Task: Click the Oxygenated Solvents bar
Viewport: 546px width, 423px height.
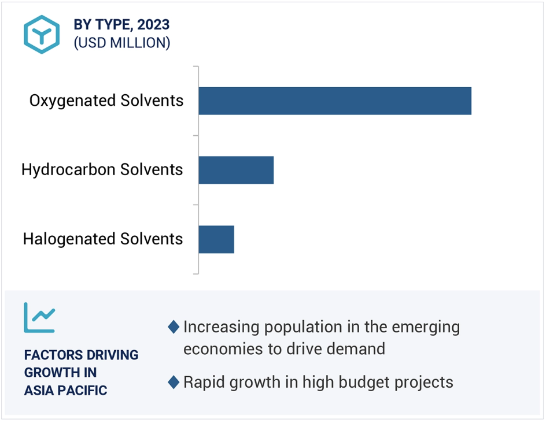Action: [x=335, y=101]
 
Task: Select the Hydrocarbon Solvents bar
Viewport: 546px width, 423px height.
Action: [x=236, y=170]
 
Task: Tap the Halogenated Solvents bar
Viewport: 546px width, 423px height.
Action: [x=216, y=239]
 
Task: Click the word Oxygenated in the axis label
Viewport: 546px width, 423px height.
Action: [x=72, y=101]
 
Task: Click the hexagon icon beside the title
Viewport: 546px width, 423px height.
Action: [x=42, y=35]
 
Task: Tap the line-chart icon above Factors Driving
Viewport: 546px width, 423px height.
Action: [x=39, y=318]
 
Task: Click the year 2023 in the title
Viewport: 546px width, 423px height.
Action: [x=153, y=25]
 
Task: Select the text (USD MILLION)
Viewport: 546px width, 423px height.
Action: [x=122, y=43]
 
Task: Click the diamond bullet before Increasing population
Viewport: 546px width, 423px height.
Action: [x=174, y=327]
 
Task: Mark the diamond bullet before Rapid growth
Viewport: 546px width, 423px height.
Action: [x=174, y=382]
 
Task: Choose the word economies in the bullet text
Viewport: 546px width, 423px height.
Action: [x=223, y=349]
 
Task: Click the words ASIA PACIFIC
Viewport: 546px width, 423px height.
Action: [x=65, y=390]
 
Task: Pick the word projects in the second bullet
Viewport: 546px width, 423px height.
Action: [x=424, y=383]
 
